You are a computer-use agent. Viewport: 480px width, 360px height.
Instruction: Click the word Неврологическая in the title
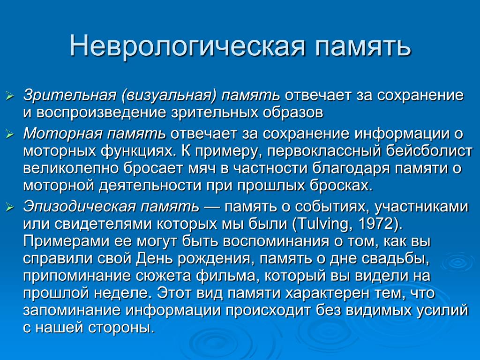187,47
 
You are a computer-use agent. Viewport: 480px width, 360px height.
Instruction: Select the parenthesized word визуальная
169,96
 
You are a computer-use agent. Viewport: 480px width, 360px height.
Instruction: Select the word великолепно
70,168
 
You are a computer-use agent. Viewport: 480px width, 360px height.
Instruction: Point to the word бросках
341,185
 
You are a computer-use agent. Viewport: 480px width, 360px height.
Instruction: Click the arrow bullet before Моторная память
10,134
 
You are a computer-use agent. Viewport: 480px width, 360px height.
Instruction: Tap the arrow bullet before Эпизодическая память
10,208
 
